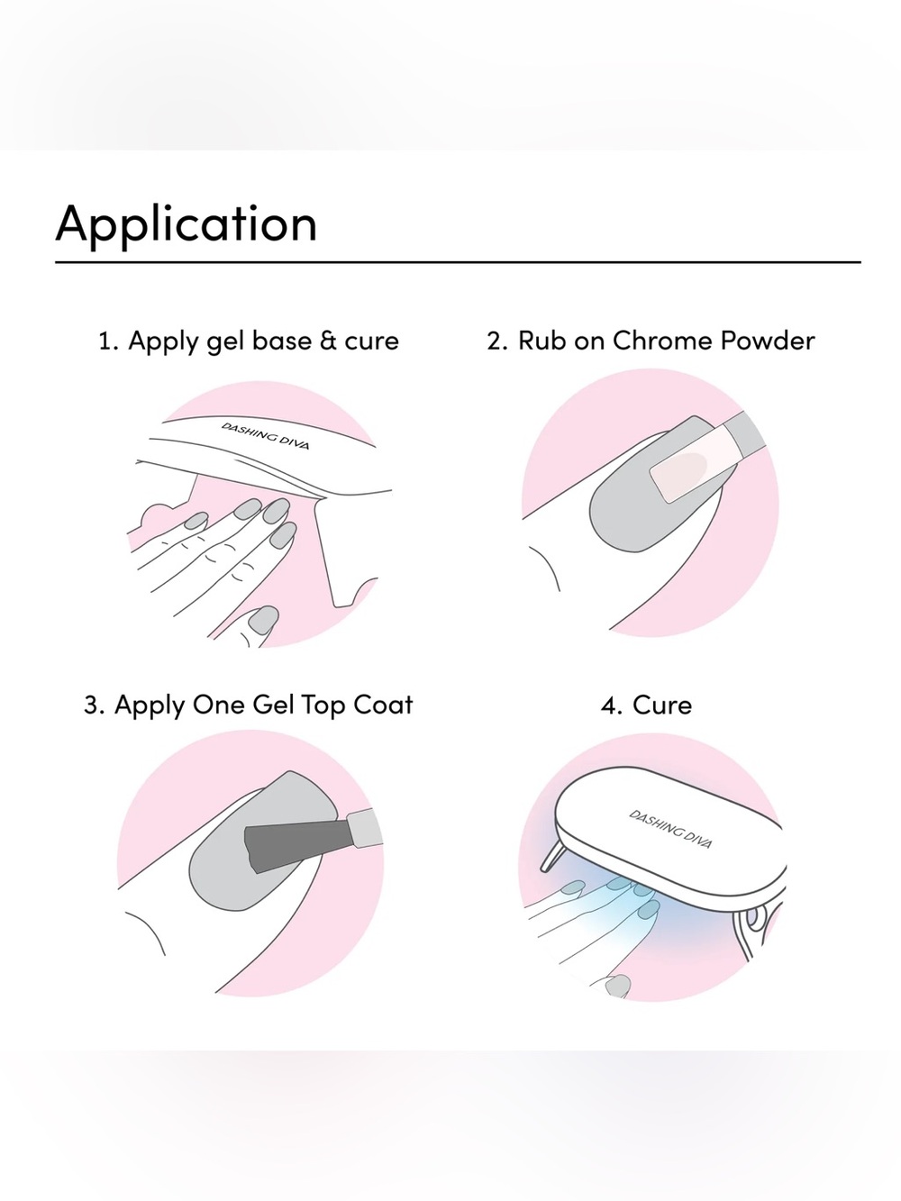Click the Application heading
tap(186, 223)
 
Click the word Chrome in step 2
tap(662, 341)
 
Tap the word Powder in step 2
tap(768, 341)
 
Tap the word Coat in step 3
tap(382, 705)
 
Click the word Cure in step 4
tap(662, 705)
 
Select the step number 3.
tap(94, 705)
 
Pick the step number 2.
tap(496, 341)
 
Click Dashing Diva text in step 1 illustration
tap(265, 435)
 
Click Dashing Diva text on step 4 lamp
tap(670, 829)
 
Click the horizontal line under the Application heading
tap(458, 262)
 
